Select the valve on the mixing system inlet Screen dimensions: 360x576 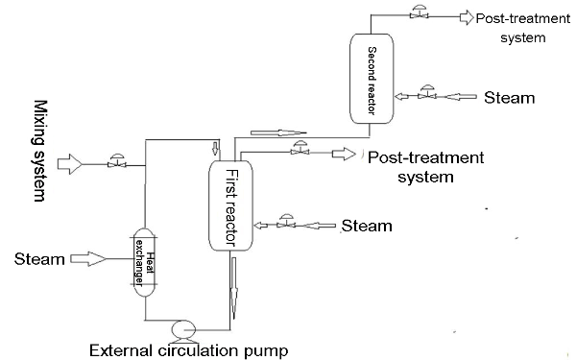click(x=117, y=163)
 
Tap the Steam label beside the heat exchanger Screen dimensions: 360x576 click(x=37, y=259)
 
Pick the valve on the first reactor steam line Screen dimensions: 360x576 click(x=283, y=224)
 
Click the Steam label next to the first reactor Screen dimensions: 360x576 click(x=367, y=227)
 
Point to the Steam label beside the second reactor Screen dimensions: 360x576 click(x=508, y=97)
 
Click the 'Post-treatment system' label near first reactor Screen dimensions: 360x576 click(x=425, y=166)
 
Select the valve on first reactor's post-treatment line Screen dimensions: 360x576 click(x=300, y=151)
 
